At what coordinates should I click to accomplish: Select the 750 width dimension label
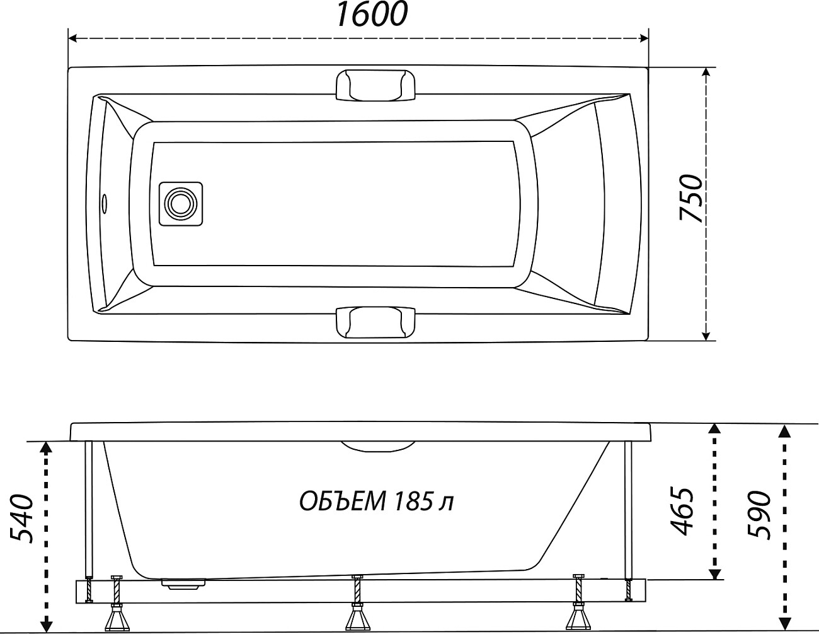pos(691,198)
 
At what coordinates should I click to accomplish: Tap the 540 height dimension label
pos(21,518)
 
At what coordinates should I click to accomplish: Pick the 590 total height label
pos(760,514)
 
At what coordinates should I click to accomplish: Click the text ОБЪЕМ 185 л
pos(375,502)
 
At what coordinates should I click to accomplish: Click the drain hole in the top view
pos(181,204)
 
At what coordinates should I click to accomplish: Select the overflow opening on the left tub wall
pos(105,203)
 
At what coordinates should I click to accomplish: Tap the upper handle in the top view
pos(375,85)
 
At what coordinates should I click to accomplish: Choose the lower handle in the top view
pos(375,322)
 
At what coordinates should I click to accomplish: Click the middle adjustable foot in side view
pos(357,606)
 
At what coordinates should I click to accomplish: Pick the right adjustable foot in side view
pos(578,606)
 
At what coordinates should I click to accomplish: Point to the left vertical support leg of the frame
pos(89,511)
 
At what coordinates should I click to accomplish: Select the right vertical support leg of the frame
pos(627,511)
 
